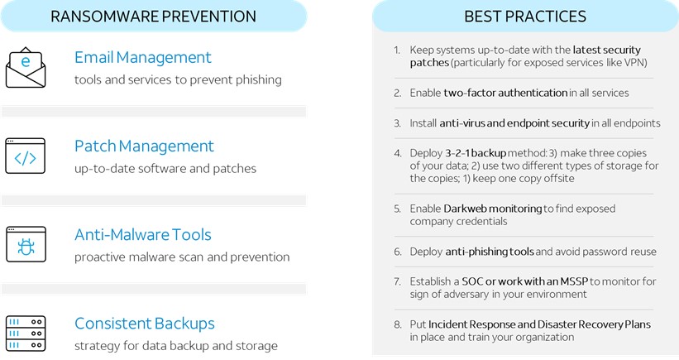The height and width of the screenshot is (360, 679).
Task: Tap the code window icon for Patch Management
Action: tap(26, 156)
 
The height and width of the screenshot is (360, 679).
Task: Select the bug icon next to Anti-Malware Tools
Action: tap(26, 245)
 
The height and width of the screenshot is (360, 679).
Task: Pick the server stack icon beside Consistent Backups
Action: tap(26, 333)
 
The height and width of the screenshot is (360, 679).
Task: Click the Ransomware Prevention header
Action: tap(153, 17)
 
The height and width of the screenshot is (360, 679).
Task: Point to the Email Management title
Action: tap(143, 57)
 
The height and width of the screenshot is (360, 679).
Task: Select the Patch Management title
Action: tap(144, 146)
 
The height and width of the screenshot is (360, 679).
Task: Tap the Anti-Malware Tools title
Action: tap(143, 235)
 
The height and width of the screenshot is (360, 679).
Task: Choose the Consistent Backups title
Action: tap(145, 324)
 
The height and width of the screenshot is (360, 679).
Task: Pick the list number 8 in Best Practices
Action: tap(398, 325)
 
